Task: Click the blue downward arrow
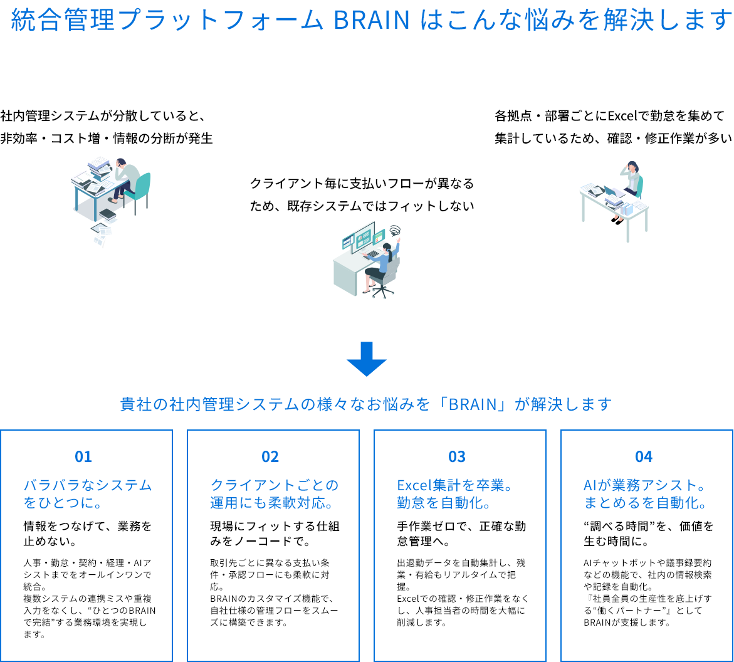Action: click(x=367, y=359)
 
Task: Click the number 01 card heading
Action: click(x=83, y=456)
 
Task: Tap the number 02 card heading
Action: click(x=270, y=456)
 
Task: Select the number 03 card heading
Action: click(x=457, y=456)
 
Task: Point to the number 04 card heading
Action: click(x=644, y=456)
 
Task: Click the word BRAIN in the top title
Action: click(x=372, y=21)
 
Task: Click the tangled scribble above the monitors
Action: click(x=394, y=230)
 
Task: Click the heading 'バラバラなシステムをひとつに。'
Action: click(x=88, y=494)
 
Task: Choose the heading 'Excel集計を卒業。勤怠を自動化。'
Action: click(x=456, y=494)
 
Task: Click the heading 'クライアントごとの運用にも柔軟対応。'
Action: click(x=275, y=494)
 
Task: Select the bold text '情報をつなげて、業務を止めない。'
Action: click(x=88, y=533)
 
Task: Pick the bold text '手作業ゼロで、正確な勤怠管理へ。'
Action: click(x=461, y=533)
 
